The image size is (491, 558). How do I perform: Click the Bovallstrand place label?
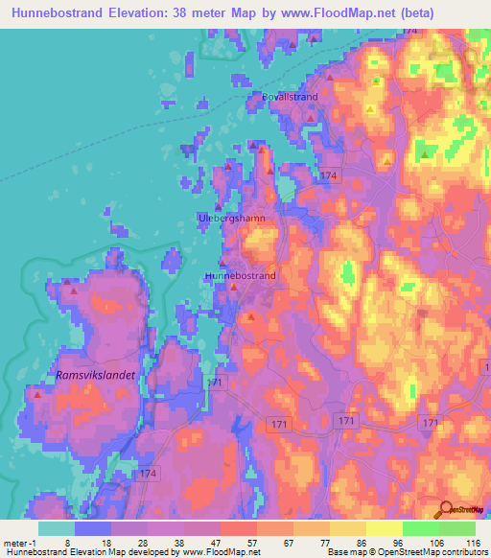click(290, 97)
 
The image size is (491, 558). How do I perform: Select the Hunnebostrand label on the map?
click(241, 275)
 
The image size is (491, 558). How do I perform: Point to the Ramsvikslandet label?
click(94, 375)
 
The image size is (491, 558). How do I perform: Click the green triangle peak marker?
click(425, 151)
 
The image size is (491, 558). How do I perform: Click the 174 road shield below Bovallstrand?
click(330, 175)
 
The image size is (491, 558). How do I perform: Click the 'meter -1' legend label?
click(18, 542)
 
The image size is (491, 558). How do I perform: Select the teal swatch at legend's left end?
click(56, 528)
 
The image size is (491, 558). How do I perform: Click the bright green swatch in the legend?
click(420, 528)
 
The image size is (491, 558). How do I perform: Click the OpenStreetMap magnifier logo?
click(445, 508)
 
